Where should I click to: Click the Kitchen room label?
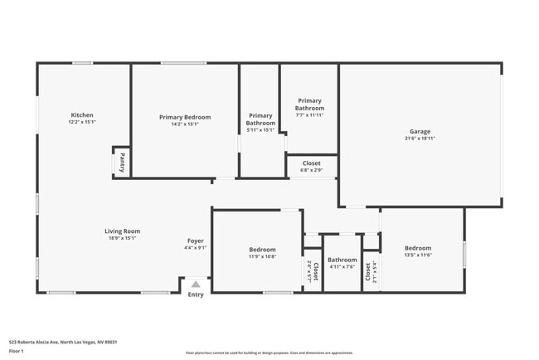82,114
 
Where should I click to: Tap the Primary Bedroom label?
185,117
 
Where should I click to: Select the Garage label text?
420,131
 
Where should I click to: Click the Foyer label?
196,241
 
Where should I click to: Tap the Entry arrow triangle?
196,284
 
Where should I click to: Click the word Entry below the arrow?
196,294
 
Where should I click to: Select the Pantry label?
122,161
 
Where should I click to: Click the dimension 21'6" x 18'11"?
420,139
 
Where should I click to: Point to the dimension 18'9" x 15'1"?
122,238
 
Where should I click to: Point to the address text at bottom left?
63,341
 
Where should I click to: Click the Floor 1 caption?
17,351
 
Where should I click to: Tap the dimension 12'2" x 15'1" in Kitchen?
82,122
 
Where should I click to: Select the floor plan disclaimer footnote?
269,353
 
